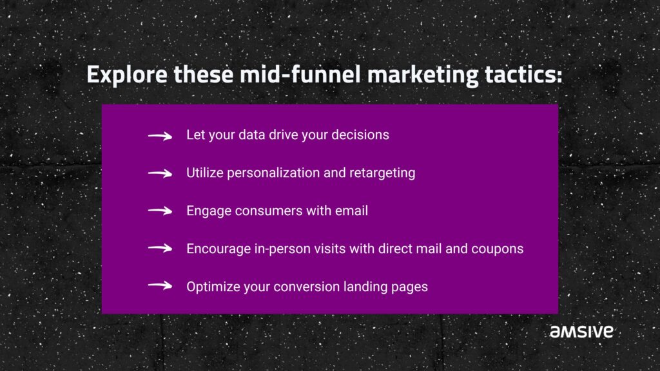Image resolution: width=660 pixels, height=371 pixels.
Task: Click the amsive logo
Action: (x=581, y=331)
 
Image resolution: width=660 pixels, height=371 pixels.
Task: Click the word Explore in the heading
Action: (x=127, y=75)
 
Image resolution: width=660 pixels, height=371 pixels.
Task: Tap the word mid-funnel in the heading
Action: (x=300, y=74)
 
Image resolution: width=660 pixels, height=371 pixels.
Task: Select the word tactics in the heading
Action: (x=523, y=75)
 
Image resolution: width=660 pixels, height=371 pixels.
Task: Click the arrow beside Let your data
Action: (x=160, y=136)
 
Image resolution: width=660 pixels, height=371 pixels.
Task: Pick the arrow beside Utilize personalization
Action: (x=160, y=173)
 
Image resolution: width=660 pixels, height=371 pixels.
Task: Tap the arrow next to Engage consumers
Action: (x=160, y=211)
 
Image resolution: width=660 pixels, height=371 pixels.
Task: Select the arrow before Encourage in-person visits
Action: (x=160, y=248)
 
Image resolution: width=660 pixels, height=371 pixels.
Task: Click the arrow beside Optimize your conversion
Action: (x=160, y=285)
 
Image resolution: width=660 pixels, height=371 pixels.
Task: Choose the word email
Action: (x=351, y=211)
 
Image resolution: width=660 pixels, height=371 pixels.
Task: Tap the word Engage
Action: (x=209, y=211)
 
